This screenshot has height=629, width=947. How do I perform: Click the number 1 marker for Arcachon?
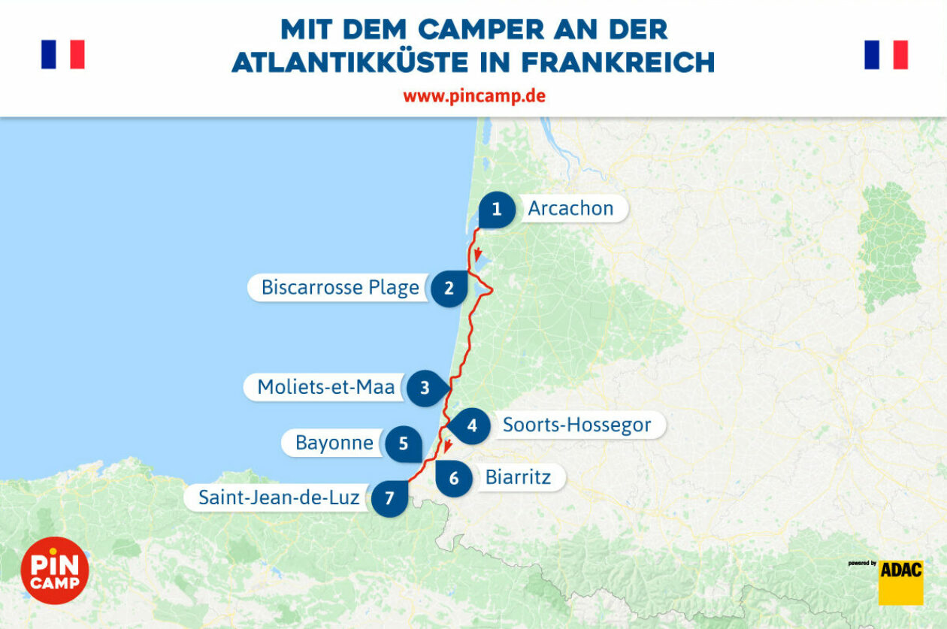click(x=496, y=210)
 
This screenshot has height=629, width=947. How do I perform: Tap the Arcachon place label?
click(x=570, y=208)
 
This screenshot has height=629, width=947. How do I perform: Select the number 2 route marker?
click(x=449, y=288)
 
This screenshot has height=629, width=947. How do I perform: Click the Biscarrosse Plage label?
click(x=340, y=288)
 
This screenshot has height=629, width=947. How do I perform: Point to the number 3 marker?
click(x=425, y=388)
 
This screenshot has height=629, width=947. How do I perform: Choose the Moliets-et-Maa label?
click(x=325, y=387)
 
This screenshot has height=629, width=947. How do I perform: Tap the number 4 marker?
click(x=472, y=425)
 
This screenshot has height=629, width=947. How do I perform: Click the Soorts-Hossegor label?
click(x=576, y=425)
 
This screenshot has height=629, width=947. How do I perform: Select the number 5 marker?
click(x=404, y=443)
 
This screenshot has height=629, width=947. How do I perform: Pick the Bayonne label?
click(x=334, y=443)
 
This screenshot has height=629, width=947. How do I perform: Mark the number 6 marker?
click(x=454, y=478)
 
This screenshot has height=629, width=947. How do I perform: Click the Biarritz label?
click(x=518, y=477)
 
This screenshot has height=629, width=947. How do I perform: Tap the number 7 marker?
click(x=389, y=498)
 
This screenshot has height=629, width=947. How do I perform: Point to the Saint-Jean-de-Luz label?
click(x=279, y=497)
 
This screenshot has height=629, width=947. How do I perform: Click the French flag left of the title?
click(x=63, y=55)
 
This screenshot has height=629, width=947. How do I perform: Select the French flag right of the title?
click(x=886, y=55)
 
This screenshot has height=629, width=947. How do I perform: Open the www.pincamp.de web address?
click(x=473, y=96)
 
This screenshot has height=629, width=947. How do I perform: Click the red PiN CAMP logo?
click(x=55, y=570)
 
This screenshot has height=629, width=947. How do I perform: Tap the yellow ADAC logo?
click(x=901, y=582)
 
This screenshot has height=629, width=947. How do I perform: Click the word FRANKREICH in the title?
click(x=617, y=62)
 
